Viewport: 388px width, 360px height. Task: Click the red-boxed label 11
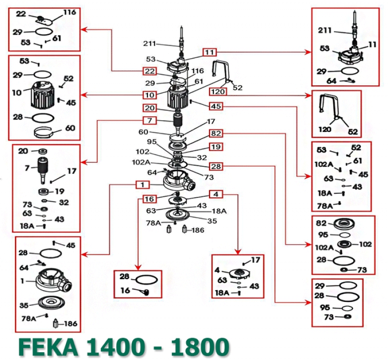coord(209,52)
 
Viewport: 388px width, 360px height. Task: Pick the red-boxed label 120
coord(218,91)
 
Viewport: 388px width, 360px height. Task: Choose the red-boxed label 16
coord(149,199)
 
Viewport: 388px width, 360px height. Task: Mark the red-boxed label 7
coord(149,120)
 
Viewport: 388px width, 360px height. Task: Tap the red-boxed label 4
coord(216,194)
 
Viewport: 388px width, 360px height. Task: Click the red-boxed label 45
coord(216,106)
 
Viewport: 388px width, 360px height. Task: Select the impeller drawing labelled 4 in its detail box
coord(236,272)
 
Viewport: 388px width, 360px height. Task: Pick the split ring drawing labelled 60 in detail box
coord(47,131)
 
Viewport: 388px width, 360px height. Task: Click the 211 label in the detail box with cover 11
coord(325,31)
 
